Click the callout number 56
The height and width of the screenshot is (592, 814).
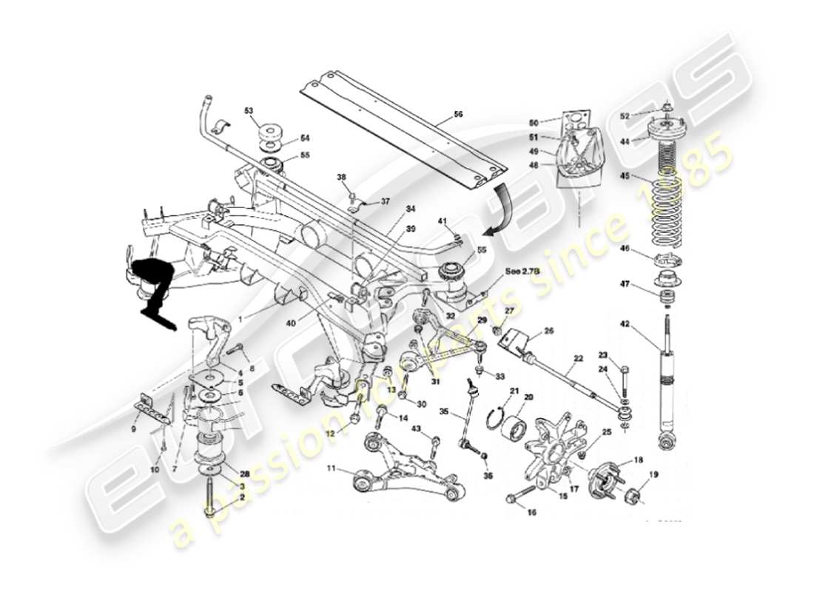coord(458,115)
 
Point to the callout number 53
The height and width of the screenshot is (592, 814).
coord(249,110)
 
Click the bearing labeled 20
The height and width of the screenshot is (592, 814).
coord(517,428)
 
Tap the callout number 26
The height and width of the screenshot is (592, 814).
coord(549,331)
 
